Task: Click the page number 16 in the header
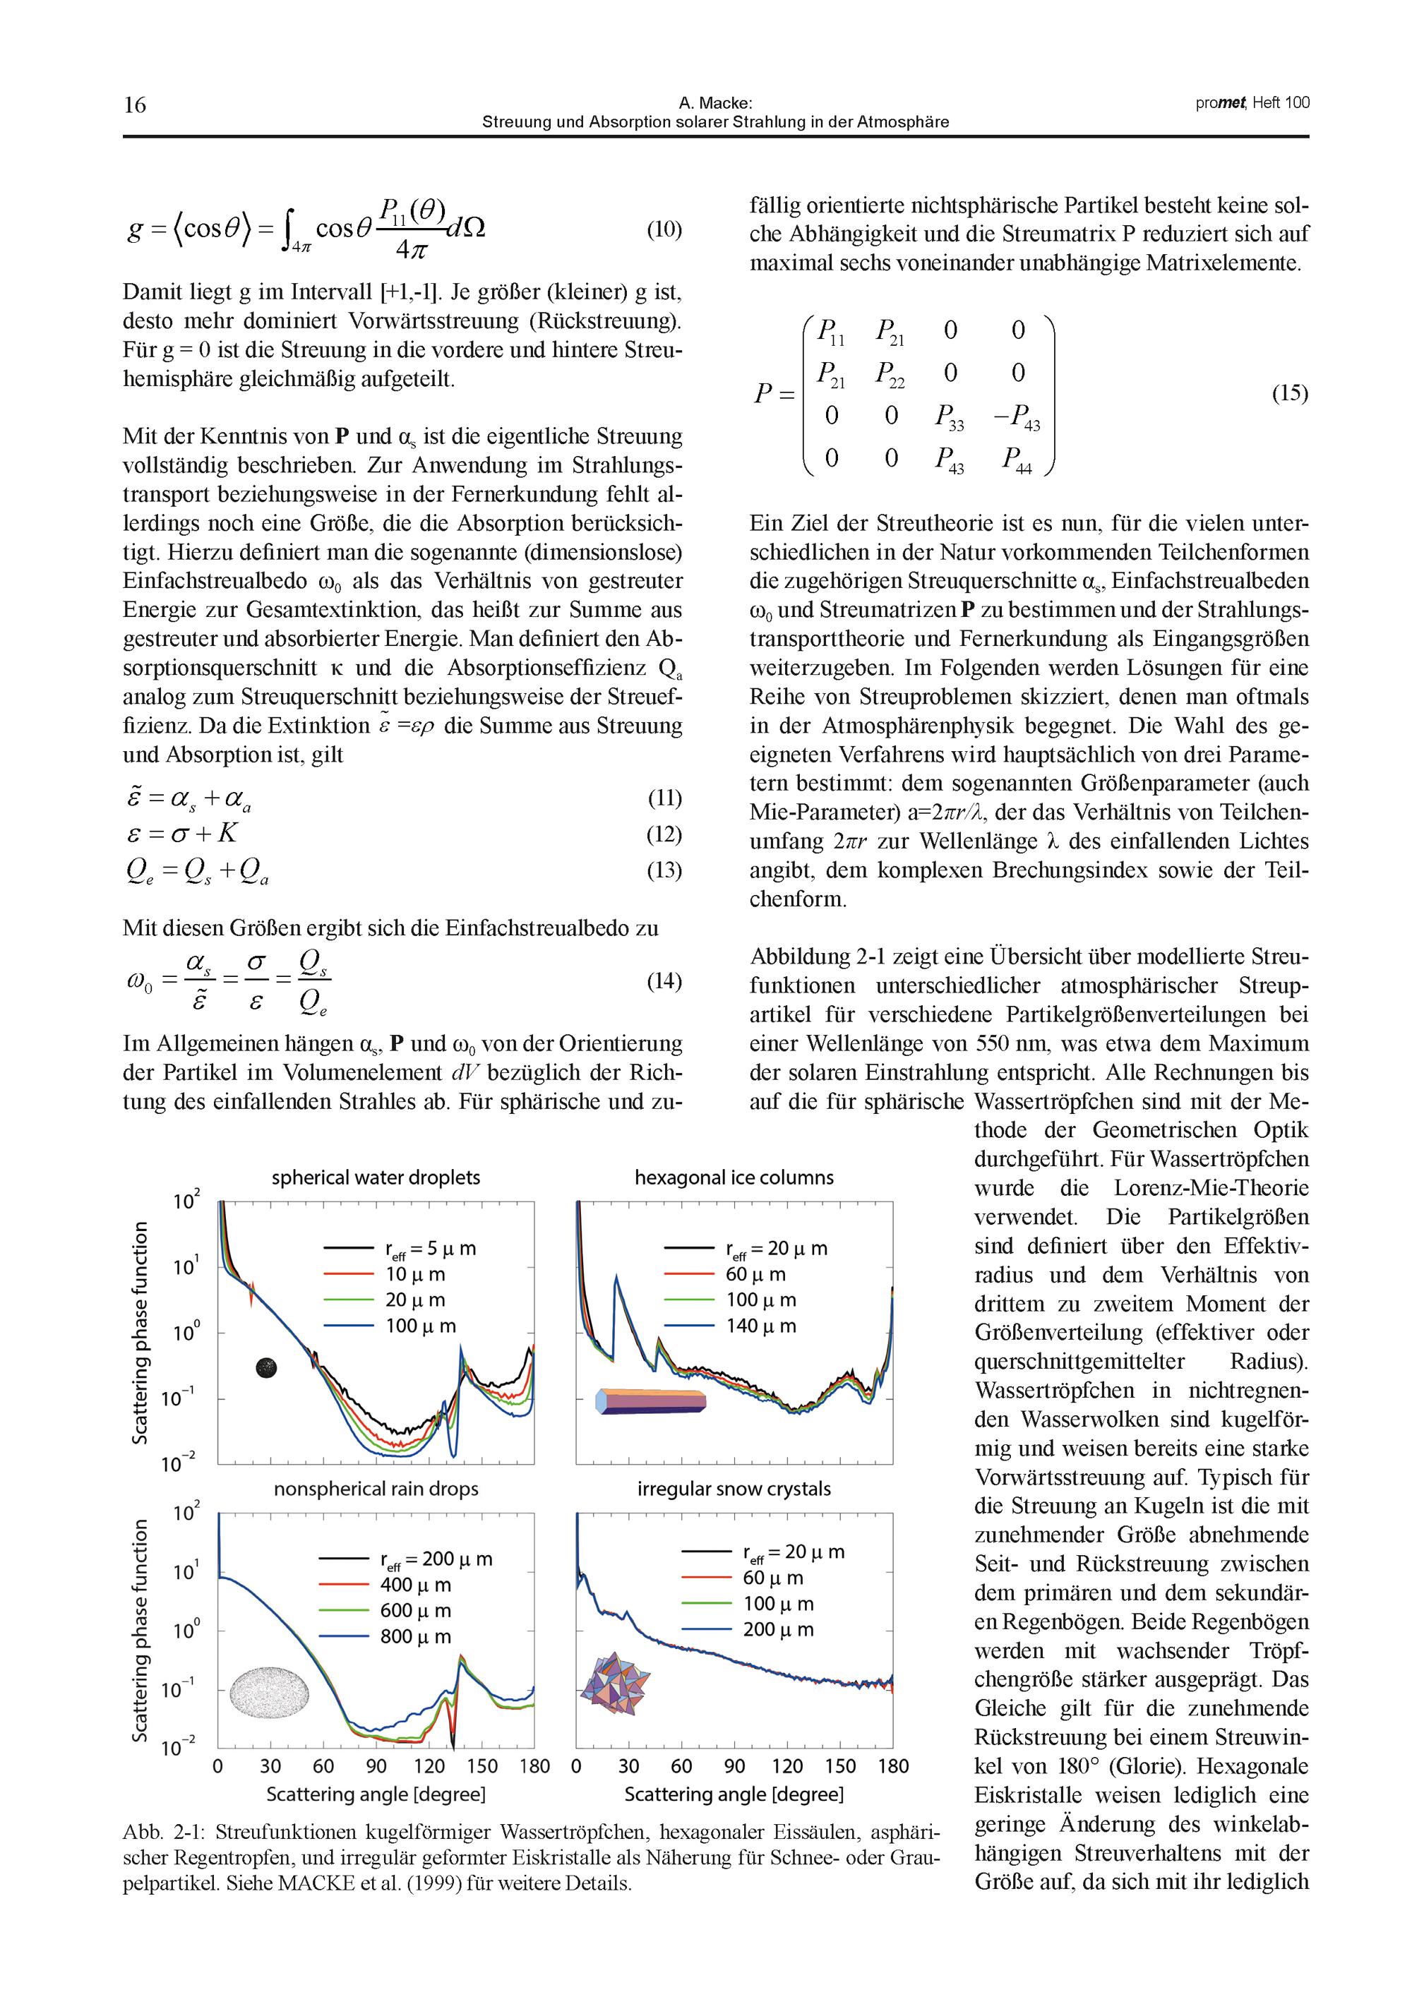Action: [135, 105]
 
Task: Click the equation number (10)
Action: [664, 229]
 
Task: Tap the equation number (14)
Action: [664, 981]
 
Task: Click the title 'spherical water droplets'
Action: [376, 1177]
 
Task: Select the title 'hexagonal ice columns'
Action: [734, 1177]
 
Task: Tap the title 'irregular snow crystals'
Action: [734, 1488]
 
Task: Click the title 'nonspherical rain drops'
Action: [376, 1488]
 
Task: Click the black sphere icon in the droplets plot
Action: [266, 1368]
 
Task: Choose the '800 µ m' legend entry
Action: [416, 1636]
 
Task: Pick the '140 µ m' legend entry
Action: [761, 1326]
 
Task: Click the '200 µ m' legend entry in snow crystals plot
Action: [778, 1629]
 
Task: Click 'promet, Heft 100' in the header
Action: [1252, 102]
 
